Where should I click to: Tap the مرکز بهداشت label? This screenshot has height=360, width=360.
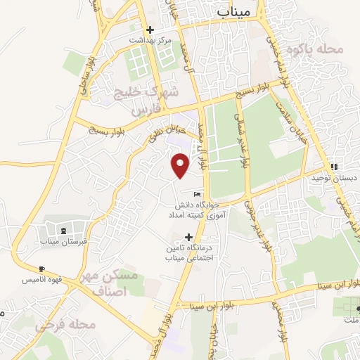tap(150, 41)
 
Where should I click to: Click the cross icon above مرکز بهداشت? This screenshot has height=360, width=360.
tap(150, 30)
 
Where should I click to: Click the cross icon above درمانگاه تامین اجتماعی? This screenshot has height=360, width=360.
tap(188, 238)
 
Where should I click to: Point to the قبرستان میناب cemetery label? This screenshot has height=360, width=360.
tap(63, 242)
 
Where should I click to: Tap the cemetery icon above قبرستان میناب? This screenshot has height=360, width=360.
tap(64, 231)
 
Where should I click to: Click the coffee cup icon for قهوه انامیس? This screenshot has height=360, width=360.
tap(41, 269)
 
